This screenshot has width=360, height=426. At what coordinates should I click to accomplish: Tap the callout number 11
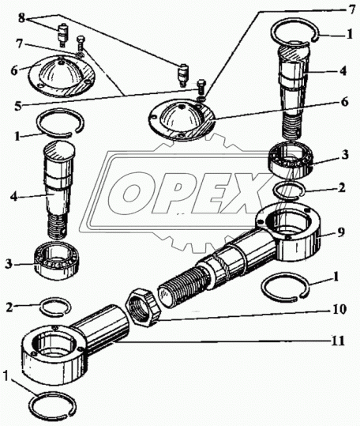336,341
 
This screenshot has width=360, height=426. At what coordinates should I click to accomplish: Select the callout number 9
341,232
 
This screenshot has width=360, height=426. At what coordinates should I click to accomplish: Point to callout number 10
339,310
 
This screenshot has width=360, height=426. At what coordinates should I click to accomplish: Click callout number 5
18,106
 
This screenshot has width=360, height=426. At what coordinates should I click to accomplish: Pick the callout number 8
21,18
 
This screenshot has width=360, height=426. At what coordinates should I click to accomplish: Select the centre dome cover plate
182,120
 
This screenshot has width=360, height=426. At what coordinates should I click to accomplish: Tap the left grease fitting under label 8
63,35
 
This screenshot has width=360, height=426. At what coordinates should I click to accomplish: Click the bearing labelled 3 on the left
57,260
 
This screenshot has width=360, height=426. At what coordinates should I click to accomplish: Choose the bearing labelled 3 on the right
291,161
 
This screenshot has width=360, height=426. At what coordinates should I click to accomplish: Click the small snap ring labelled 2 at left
56,307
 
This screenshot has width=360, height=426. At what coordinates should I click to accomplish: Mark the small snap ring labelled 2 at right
290,191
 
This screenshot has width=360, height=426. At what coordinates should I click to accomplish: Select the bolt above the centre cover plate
201,86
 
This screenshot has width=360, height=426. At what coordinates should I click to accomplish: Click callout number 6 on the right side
344,103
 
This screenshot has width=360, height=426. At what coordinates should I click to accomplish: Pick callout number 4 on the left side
14,196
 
